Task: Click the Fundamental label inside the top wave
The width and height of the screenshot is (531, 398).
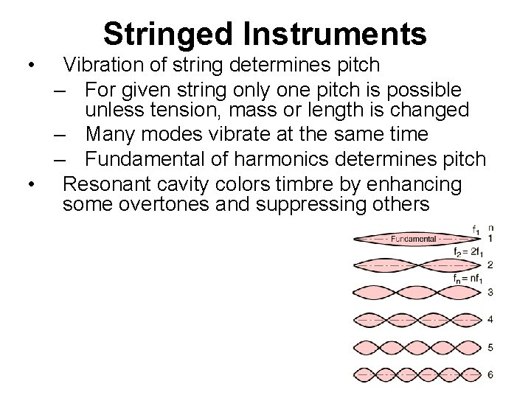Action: [x=413, y=239]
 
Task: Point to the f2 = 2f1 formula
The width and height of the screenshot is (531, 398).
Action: [x=469, y=253]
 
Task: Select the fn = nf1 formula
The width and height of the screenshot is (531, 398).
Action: [x=469, y=279]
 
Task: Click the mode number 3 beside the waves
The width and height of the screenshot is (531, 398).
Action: [x=490, y=293]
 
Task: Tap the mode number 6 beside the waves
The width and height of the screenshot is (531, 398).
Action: [x=490, y=374]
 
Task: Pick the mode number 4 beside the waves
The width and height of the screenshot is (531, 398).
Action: [x=490, y=320]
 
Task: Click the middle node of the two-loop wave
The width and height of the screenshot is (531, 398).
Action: [x=415, y=265]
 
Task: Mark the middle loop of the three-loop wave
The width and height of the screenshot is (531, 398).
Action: [x=415, y=293]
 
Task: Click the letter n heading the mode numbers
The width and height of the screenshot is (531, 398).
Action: [x=490, y=228]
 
